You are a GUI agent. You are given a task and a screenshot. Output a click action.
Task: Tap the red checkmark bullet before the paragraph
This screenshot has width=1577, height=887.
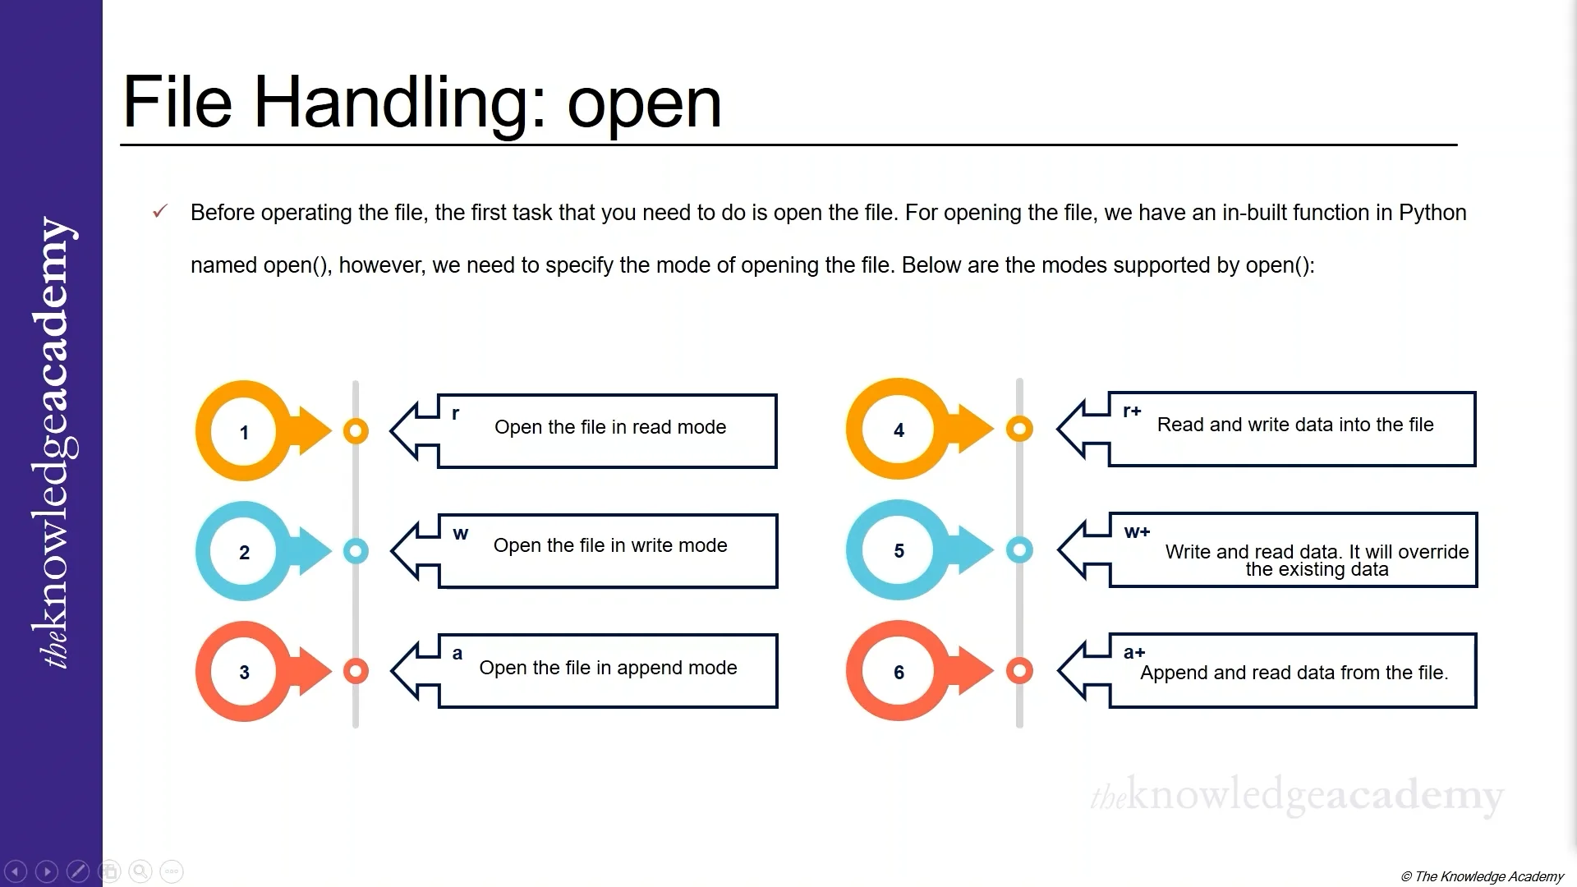coord(160,212)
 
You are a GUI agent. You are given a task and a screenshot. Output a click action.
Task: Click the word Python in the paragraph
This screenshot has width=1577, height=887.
coord(1432,213)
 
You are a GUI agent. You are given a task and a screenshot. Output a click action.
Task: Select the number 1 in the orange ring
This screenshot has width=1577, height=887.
coord(244,433)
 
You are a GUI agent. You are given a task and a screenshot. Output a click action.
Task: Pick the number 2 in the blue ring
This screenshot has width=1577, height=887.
coord(244,553)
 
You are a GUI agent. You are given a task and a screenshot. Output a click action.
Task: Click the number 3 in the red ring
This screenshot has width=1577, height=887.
coord(244,673)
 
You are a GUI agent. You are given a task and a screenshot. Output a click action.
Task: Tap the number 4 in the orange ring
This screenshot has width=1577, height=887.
coord(899,430)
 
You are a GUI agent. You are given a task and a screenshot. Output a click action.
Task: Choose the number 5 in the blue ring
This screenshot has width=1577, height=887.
coord(899,551)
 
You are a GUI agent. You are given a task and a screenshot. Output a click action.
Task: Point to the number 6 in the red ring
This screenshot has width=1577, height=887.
coord(899,673)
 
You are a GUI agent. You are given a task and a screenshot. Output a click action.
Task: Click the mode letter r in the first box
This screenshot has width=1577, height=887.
coord(456,413)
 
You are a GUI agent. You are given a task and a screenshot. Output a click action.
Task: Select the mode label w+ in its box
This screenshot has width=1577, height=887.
coord(1137,532)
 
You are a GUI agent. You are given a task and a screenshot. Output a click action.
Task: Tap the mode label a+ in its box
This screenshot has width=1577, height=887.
coord(1134,653)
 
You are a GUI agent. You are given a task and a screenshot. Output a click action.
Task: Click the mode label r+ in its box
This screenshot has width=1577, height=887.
coord(1132,411)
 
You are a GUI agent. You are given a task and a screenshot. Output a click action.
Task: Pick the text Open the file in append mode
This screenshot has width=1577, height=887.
coord(608,668)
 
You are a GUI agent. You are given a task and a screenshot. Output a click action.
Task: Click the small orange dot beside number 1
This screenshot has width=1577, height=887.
coord(356,431)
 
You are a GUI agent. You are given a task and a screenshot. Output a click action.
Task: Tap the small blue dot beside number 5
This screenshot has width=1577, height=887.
coord(1019,549)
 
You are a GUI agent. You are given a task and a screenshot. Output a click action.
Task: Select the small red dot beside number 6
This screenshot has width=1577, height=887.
coord(1019,671)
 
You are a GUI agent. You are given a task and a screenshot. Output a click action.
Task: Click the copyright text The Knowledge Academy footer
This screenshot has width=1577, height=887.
coord(1482,876)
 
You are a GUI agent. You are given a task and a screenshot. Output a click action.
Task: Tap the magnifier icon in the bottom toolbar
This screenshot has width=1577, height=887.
coord(140,871)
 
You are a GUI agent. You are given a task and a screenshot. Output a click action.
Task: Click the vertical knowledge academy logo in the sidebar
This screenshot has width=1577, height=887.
coord(53,443)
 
